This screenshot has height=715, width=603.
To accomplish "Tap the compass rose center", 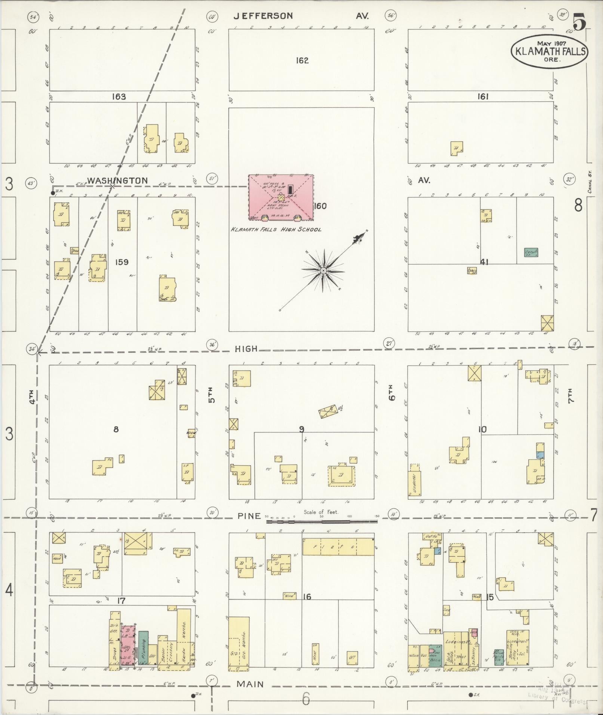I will tap(323, 270).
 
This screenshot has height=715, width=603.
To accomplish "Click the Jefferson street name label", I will tap(263, 16).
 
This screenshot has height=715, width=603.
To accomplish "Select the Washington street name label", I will tap(117, 181).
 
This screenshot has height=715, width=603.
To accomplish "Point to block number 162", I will tap(302, 60).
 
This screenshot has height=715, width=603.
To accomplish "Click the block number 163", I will tap(119, 97).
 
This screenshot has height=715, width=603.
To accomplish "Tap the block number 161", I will tap(483, 97).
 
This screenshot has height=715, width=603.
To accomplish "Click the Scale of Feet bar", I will tap(322, 521).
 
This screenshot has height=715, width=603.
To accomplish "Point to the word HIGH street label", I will tap(246, 349).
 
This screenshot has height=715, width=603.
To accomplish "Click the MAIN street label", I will tap(250, 684).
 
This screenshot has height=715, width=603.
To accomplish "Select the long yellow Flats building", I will tap(338, 546).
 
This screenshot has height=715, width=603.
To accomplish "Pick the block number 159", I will tap(121, 262).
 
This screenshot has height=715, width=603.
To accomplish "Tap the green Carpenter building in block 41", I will tap(531, 252).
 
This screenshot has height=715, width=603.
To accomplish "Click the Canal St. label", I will tap(590, 185).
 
